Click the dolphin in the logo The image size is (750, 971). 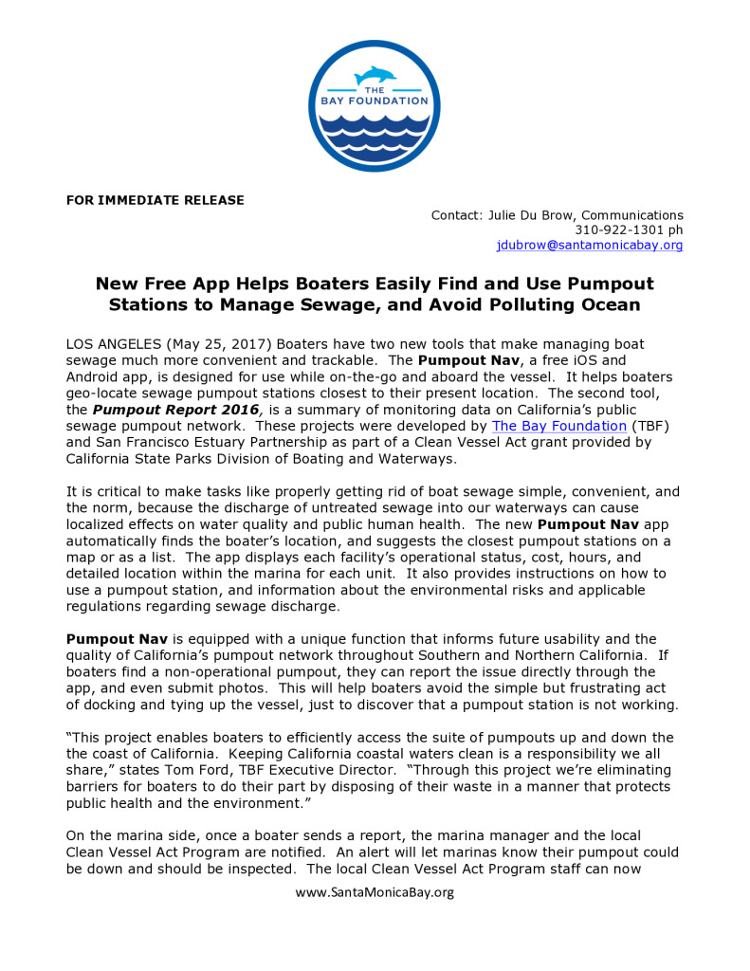(374, 75)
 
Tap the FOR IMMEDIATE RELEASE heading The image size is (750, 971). (155, 200)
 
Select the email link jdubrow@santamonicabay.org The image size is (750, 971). (590, 245)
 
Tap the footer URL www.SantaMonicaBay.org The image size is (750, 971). (375, 892)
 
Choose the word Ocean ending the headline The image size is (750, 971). (613, 304)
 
